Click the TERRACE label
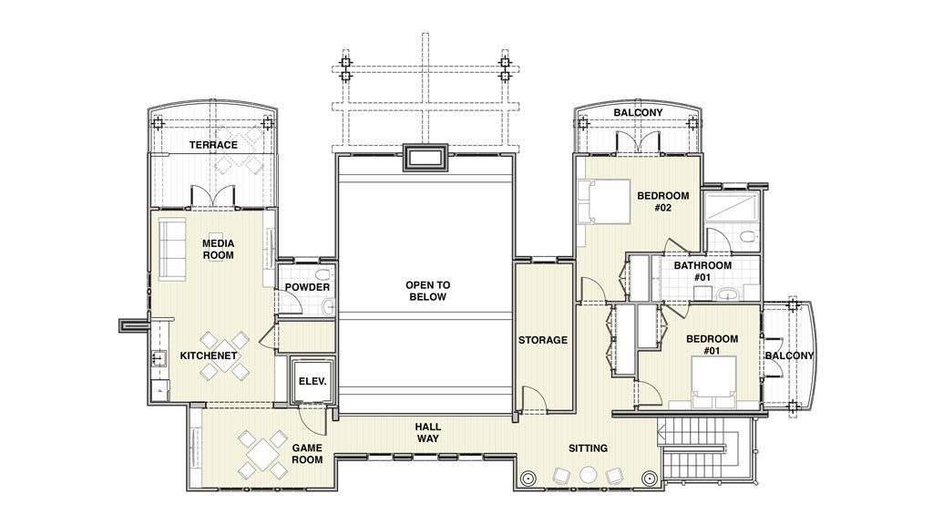click(x=213, y=145)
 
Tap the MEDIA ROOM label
click(x=219, y=250)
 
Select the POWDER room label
click(x=307, y=287)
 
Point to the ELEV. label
click(x=313, y=381)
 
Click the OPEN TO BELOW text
click(x=428, y=291)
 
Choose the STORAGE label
click(x=543, y=341)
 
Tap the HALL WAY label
click(x=428, y=433)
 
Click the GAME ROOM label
click(x=307, y=454)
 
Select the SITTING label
click(x=588, y=448)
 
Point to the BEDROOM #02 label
click(x=663, y=201)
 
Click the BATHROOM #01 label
click(x=702, y=272)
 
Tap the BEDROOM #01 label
click(x=712, y=345)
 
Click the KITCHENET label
click(x=209, y=356)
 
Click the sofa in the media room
click(x=172, y=248)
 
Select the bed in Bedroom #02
click(x=604, y=201)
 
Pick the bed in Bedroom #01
click(x=713, y=382)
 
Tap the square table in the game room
click(x=262, y=455)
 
